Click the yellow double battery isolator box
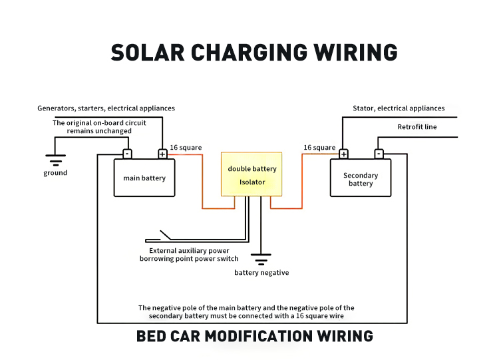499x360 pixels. (251, 174)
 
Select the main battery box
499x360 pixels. (144, 178)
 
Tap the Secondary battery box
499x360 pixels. (361, 178)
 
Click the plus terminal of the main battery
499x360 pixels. (162, 154)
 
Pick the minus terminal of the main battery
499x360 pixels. (127, 154)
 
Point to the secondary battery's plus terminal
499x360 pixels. (343, 154)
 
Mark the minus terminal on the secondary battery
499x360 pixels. (379, 154)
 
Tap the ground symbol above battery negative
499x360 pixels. (261, 260)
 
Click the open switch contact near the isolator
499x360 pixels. (166, 235)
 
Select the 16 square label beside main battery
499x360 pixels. (186, 148)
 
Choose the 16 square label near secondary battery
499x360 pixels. (319, 148)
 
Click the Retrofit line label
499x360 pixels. (417, 127)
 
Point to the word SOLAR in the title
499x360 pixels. (148, 53)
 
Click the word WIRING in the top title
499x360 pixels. (355, 53)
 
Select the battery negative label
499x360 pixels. (261, 273)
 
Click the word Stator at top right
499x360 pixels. (363, 108)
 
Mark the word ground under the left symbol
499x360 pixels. (55, 173)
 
